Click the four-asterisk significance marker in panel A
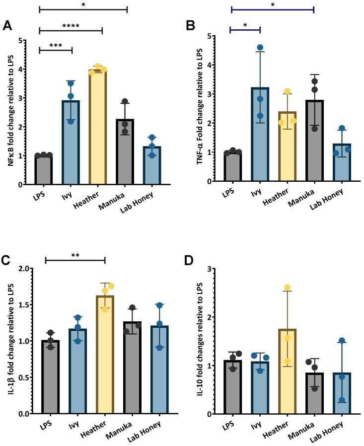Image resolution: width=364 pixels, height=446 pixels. (71, 26)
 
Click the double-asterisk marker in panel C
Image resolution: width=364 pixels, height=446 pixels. (75, 256)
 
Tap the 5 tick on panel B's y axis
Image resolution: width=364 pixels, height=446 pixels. (211, 36)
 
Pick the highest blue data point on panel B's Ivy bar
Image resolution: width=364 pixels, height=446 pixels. (260, 48)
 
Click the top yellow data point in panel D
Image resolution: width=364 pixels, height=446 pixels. (287, 288)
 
